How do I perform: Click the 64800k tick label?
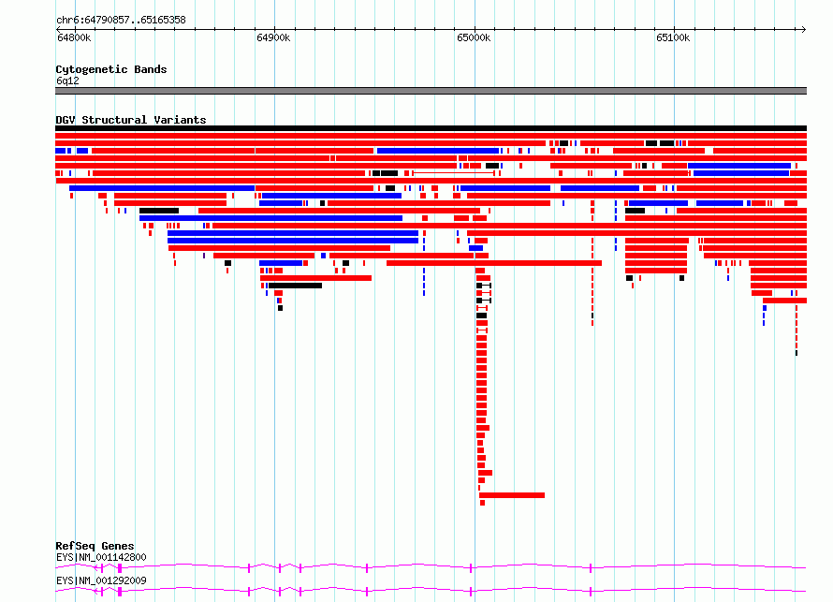click(74, 37)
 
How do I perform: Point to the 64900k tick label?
click(273, 37)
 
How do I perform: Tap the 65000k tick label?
click(474, 37)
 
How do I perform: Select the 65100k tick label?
click(673, 37)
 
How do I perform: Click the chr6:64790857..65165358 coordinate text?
click(121, 21)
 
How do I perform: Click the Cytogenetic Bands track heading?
click(111, 69)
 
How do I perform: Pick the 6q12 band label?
click(67, 81)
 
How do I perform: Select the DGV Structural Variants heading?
click(131, 120)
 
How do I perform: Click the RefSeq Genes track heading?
click(95, 546)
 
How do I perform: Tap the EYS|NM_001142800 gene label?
click(101, 557)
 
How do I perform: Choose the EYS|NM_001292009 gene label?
click(101, 580)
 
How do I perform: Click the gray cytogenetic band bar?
click(431, 91)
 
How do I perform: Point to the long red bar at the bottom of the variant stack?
click(512, 495)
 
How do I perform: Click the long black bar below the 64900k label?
click(296, 286)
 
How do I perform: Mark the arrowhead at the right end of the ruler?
click(804, 30)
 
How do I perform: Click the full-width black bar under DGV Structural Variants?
click(431, 128)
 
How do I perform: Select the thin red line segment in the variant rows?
click(454, 173)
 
